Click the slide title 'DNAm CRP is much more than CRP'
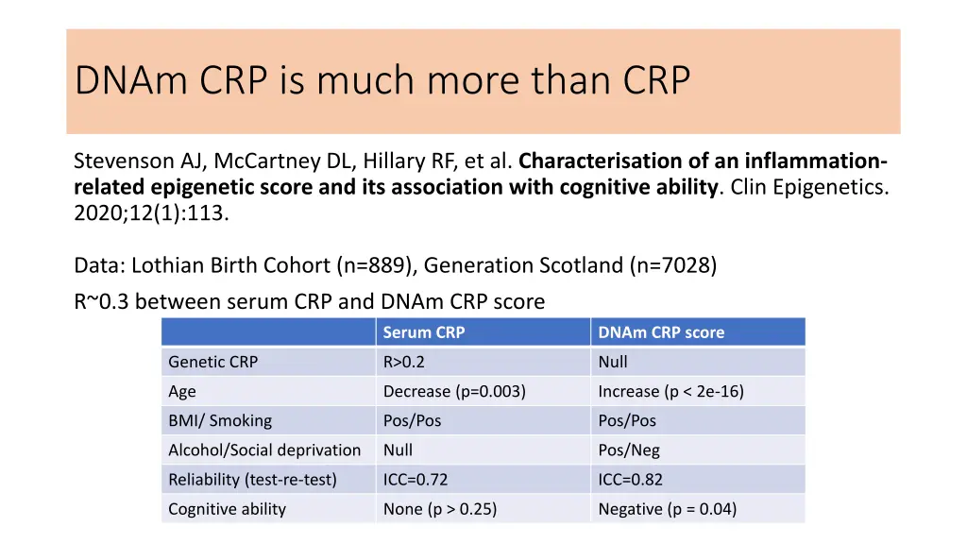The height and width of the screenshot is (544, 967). click(x=382, y=81)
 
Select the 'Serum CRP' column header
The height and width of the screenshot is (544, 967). click(x=424, y=332)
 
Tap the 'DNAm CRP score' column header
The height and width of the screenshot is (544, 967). click(x=661, y=332)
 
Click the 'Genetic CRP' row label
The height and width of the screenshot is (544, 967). click(x=212, y=362)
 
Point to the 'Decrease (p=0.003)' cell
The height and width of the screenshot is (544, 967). click(x=454, y=391)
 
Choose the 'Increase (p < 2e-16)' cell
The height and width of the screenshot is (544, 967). click(x=670, y=391)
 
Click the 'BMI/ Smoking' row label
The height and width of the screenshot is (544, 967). click(x=219, y=420)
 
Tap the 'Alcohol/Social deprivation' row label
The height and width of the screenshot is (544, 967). click(x=264, y=450)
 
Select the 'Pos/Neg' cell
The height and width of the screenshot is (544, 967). click(x=629, y=450)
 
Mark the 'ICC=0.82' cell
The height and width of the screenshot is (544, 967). click(x=631, y=480)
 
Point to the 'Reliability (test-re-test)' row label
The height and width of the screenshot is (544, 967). click(x=252, y=480)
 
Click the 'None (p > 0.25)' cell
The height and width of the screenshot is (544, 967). click(x=440, y=509)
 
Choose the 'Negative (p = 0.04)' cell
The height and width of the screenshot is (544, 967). click(x=668, y=509)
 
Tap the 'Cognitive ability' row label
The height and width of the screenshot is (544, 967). click(x=227, y=509)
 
